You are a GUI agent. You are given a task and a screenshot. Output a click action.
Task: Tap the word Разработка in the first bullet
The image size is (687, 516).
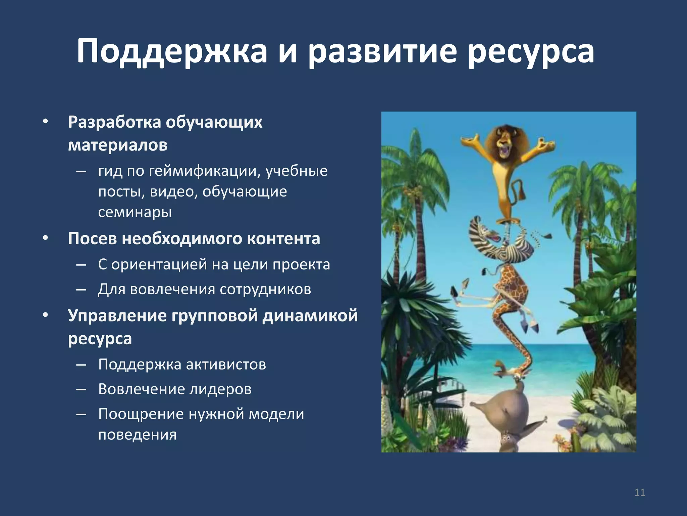tap(114, 122)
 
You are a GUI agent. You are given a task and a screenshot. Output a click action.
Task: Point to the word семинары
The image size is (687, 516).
tap(135, 212)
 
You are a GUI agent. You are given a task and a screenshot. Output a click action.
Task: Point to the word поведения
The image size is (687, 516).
tap(137, 435)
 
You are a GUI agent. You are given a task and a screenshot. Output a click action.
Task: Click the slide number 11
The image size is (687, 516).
tap(640, 493)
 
